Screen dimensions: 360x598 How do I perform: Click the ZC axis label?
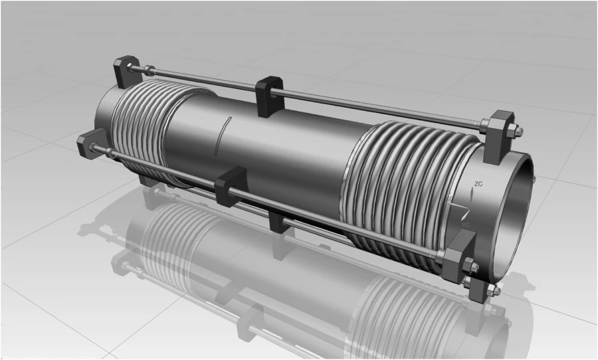[x=478, y=183]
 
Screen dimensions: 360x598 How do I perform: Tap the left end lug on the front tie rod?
[x=90, y=143]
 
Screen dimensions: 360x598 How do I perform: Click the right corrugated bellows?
[x=392, y=186]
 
